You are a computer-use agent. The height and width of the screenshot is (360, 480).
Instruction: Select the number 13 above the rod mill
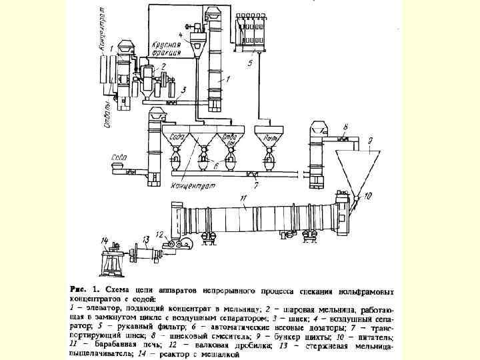(145, 238)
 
